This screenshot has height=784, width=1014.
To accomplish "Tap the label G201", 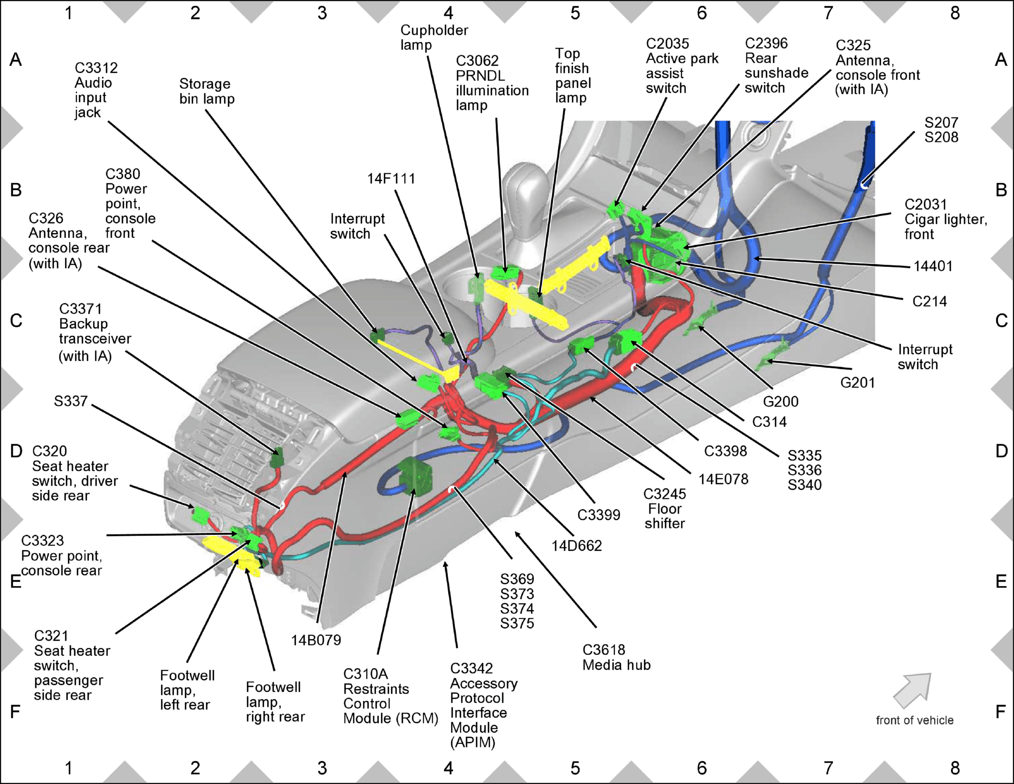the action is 857,383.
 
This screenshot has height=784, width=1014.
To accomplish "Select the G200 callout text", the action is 780,402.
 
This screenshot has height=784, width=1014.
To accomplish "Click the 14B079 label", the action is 316,640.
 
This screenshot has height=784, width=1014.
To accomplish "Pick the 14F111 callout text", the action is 391,179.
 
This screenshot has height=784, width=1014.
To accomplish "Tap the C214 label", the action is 929,302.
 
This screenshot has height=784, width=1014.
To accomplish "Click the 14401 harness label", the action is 933,266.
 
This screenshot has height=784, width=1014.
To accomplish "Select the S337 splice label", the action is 70,401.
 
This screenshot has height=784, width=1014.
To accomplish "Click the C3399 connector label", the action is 598,515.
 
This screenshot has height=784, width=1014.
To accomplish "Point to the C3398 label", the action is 726,451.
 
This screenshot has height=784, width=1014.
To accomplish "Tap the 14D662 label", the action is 577,546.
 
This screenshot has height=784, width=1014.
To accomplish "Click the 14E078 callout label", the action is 723,479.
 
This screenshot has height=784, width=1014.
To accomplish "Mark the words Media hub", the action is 616,665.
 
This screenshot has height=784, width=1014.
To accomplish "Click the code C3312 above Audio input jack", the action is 96,68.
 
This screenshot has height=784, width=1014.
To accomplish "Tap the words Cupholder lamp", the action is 434,38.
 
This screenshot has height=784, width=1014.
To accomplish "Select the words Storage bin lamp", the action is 207,91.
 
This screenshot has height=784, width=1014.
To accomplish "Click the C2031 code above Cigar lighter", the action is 925,205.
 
